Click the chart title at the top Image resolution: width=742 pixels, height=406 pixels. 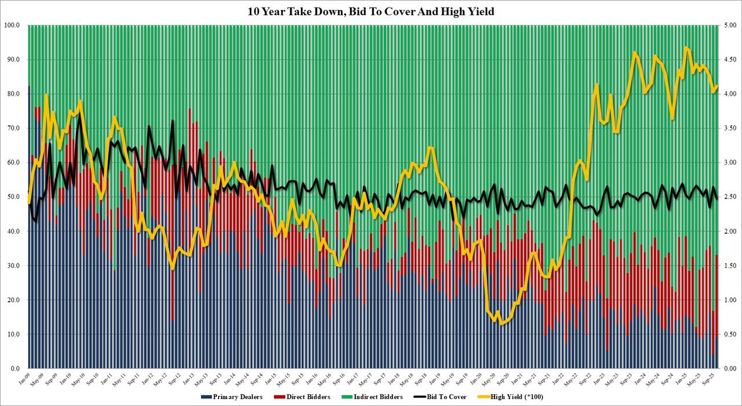pyautogui.click(x=370, y=11)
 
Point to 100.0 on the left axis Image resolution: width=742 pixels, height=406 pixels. pyautogui.click(x=13, y=26)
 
